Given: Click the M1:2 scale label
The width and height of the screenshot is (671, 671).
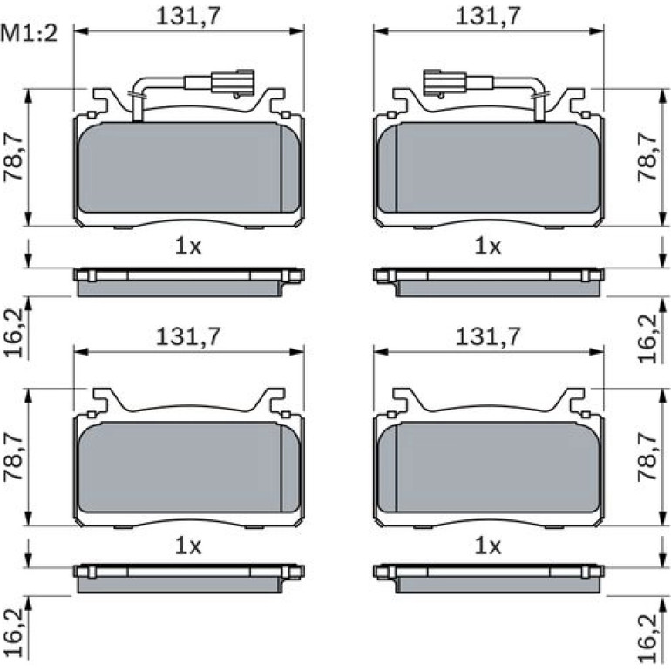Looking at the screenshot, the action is pyautogui.click(x=29, y=33).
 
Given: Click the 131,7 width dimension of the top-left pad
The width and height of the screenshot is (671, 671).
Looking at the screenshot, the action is pyautogui.click(x=188, y=16).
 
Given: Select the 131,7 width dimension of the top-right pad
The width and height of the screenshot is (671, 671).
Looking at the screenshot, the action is pyautogui.click(x=488, y=16).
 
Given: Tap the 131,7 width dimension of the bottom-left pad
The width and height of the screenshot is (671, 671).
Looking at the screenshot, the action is pyautogui.click(x=188, y=336).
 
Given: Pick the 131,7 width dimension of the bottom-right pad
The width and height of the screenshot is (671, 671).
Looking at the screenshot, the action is pyautogui.click(x=488, y=336).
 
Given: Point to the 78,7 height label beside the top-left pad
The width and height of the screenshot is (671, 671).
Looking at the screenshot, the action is pyautogui.click(x=13, y=157).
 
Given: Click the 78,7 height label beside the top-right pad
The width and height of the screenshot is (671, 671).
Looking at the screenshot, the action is pyautogui.click(x=647, y=157).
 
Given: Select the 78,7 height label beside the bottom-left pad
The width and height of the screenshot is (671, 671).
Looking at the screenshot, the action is pyautogui.click(x=13, y=457).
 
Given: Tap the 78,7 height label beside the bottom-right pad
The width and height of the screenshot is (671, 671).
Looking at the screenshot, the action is pyautogui.click(x=647, y=457).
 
